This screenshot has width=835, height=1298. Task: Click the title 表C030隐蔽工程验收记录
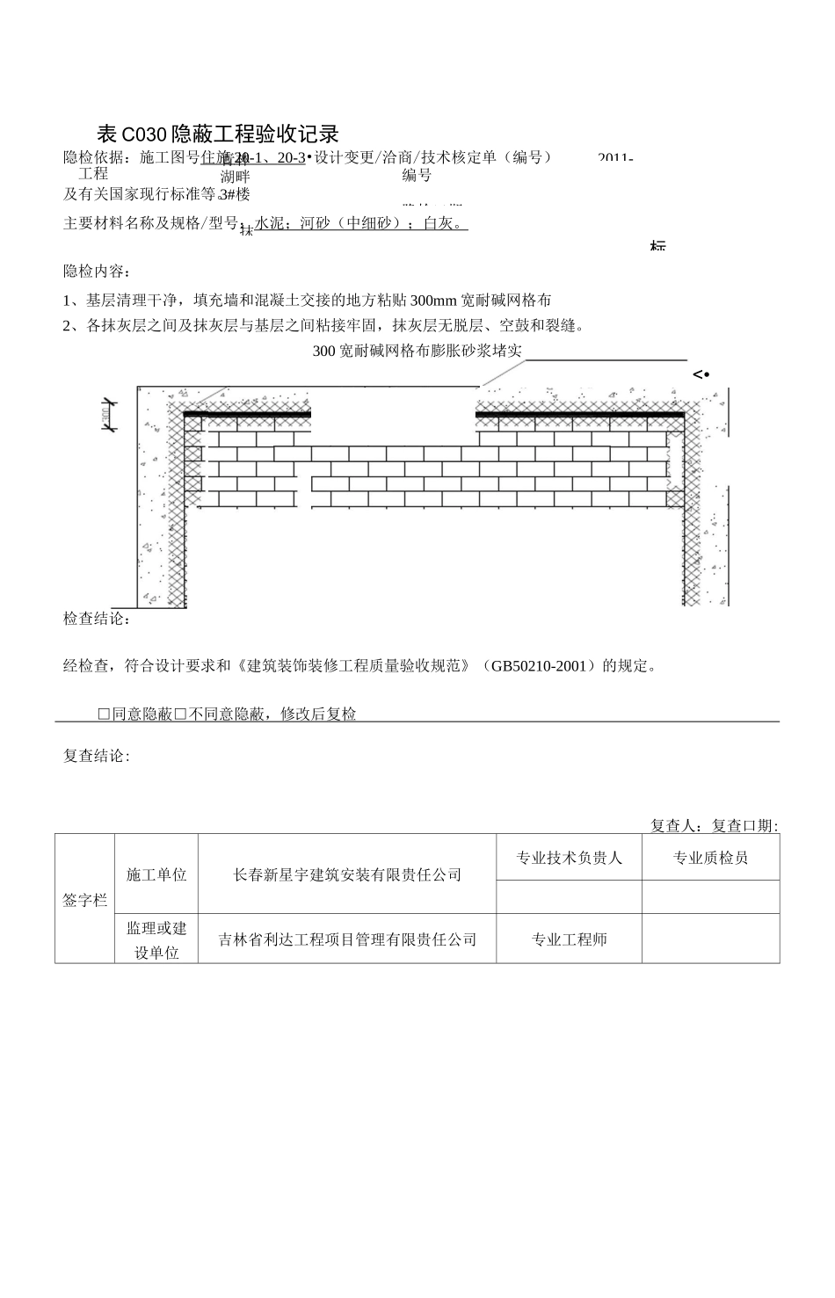[x=217, y=134]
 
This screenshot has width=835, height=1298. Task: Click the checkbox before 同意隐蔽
[x=104, y=714]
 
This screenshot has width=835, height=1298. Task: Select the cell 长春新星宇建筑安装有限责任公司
[x=347, y=875]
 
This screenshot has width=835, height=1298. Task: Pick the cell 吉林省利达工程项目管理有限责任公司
[x=347, y=939]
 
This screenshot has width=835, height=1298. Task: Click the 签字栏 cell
[x=84, y=900]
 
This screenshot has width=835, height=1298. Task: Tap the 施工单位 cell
[x=156, y=875]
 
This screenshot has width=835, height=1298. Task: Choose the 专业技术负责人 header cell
[x=569, y=858]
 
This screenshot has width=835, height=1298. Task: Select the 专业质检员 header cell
[x=710, y=858]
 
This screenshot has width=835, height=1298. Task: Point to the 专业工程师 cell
[x=569, y=939]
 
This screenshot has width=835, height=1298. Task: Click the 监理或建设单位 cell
[x=156, y=939]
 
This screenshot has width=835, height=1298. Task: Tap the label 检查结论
[x=97, y=620]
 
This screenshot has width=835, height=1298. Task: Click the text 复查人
[x=676, y=826]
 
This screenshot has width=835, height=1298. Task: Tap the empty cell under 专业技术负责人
[x=569, y=897]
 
